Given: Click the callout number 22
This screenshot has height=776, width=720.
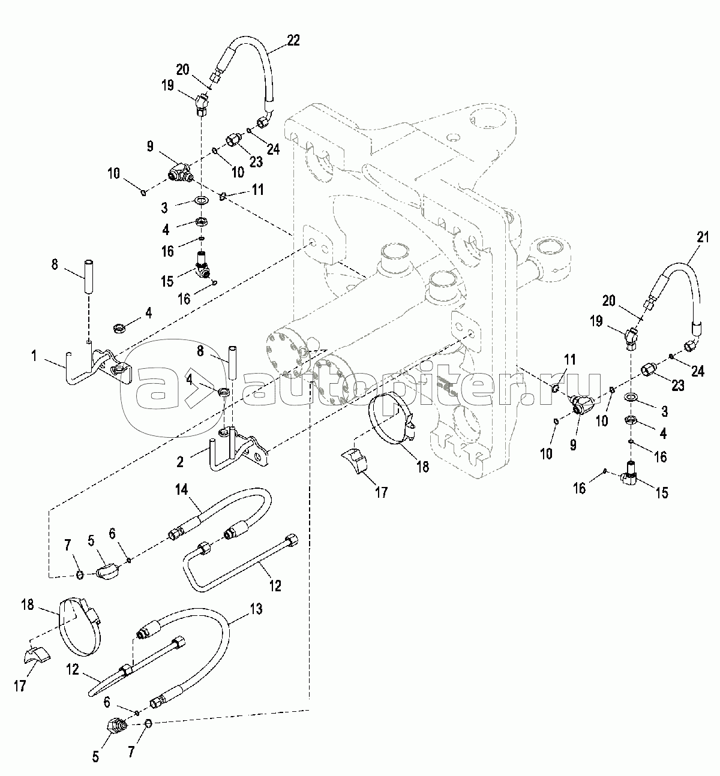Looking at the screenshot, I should point(293,40).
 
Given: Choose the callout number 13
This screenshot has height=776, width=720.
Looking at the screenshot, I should point(256,609).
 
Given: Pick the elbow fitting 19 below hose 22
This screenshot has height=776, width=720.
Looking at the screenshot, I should point(202,105).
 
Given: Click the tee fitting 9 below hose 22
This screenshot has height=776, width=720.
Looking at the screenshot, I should point(179,174).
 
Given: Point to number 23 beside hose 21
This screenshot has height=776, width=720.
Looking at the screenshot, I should point(678,386).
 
